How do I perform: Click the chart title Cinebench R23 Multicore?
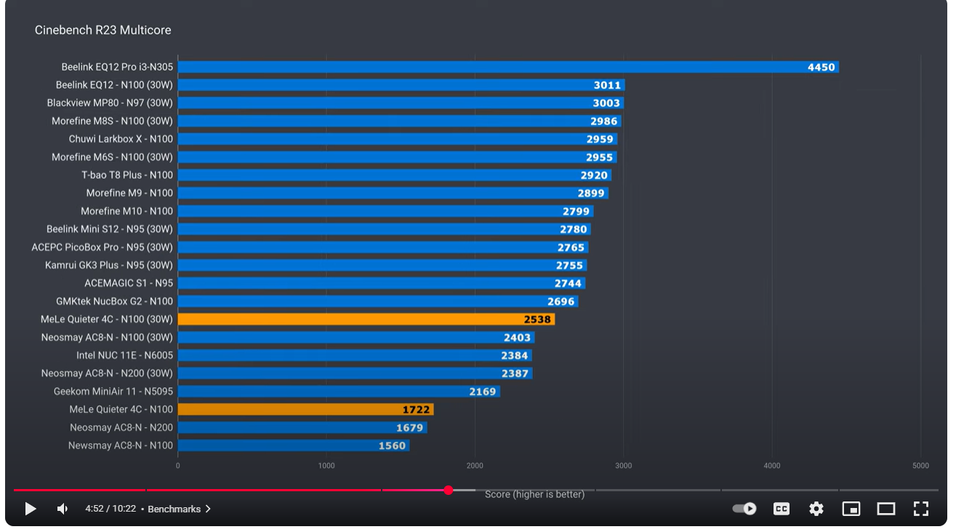[103, 31]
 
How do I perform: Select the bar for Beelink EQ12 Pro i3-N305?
[507, 67]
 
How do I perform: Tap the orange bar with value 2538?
[366, 319]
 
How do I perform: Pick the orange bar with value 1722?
[305, 410]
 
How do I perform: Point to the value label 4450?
[821, 67]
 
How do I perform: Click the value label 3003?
[606, 103]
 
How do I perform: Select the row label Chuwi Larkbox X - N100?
[121, 139]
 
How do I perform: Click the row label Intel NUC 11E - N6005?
[124, 355]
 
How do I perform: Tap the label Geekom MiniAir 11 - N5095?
[113, 392]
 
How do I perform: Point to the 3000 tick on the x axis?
[623, 466]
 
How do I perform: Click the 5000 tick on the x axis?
[920, 466]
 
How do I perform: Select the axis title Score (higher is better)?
[534, 495]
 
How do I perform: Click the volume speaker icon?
[63, 509]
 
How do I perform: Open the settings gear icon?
[816, 509]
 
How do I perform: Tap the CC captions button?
[782, 509]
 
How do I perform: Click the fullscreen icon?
[921, 509]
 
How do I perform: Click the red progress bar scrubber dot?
[449, 490]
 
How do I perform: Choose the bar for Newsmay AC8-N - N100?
[293, 445]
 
